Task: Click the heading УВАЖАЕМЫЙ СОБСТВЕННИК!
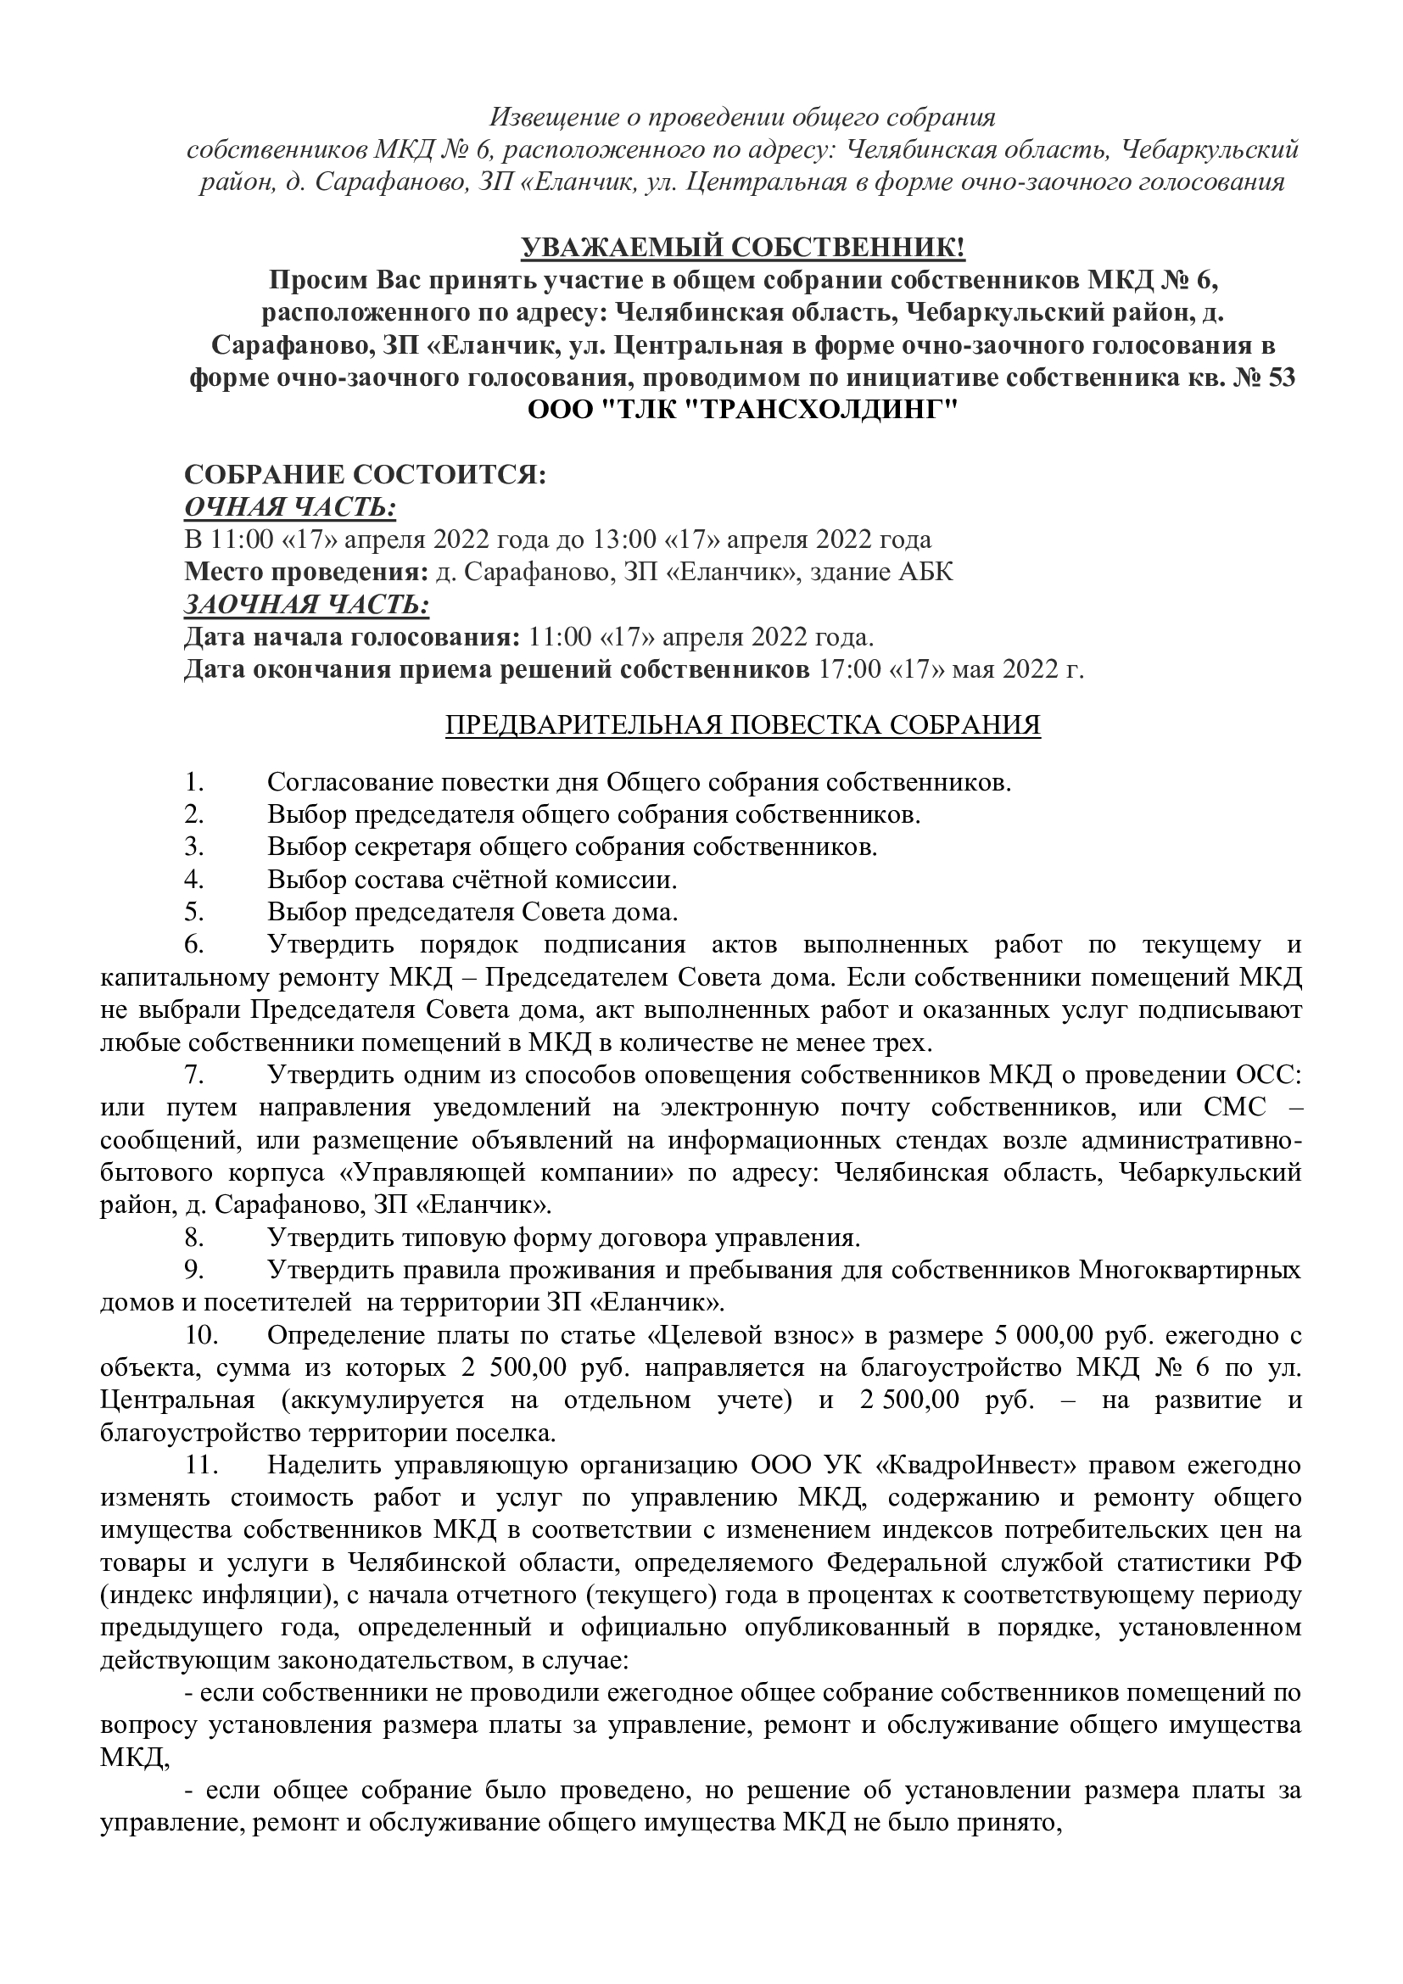(743, 249)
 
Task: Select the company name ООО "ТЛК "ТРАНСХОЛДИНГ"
(743, 411)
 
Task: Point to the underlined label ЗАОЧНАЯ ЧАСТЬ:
(307, 605)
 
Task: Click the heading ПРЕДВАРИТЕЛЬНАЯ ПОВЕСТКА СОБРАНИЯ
(743, 725)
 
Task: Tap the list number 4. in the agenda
(193, 880)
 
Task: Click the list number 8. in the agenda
(193, 1238)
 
